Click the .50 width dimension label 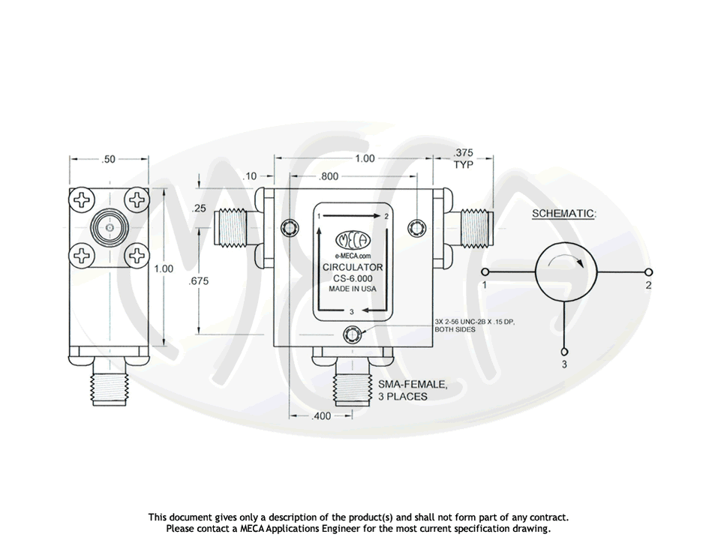coord(109,159)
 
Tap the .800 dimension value coord(329,177)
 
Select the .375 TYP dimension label coord(463,159)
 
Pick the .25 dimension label coord(199,208)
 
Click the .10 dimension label coord(251,175)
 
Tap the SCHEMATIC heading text coord(563,214)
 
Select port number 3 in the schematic coord(565,364)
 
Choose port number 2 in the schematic coord(648,286)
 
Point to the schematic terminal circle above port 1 coord(485,271)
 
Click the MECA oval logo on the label coord(352,241)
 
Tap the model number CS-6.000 coord(353,278)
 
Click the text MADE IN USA coord(353,289)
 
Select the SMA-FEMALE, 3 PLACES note coord(413,391)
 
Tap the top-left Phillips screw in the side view coord(80,199)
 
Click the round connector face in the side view coord(109,227)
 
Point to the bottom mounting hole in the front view coord(352,334)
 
